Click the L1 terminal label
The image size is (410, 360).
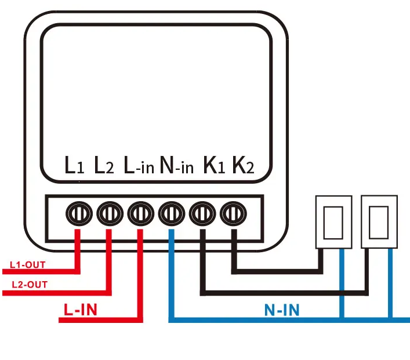(74, 166)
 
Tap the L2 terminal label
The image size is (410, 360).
(104, 166)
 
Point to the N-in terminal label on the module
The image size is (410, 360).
(176, 166)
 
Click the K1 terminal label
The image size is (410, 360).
(213, 166)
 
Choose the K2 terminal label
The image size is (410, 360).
(243, 166)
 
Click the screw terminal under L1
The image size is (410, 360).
(77, 214)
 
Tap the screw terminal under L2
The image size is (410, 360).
(108, 214)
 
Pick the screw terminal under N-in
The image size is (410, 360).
(171, 214)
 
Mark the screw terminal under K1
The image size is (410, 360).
(202, 214)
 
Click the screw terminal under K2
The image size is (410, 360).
(233, 214)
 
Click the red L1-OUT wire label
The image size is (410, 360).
(28, 265)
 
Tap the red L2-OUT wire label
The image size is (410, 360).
(30, 285)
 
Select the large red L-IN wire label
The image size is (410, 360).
(79, 309)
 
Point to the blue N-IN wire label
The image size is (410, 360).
(282, 310)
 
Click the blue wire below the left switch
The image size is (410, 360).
(341, 284)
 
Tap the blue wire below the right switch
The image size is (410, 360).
(390, 284)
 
